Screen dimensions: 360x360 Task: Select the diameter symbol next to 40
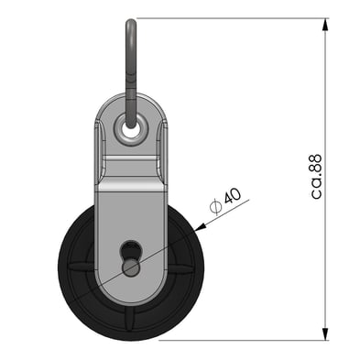(216, 207)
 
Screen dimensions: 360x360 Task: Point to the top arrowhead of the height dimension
(326, 24)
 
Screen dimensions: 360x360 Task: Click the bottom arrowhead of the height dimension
(326, 334)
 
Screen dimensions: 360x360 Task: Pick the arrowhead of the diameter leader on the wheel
(201, 227)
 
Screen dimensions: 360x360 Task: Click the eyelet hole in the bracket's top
(131, 130)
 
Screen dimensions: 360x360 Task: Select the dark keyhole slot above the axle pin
(130, 250)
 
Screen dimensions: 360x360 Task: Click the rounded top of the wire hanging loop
(131, 22)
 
